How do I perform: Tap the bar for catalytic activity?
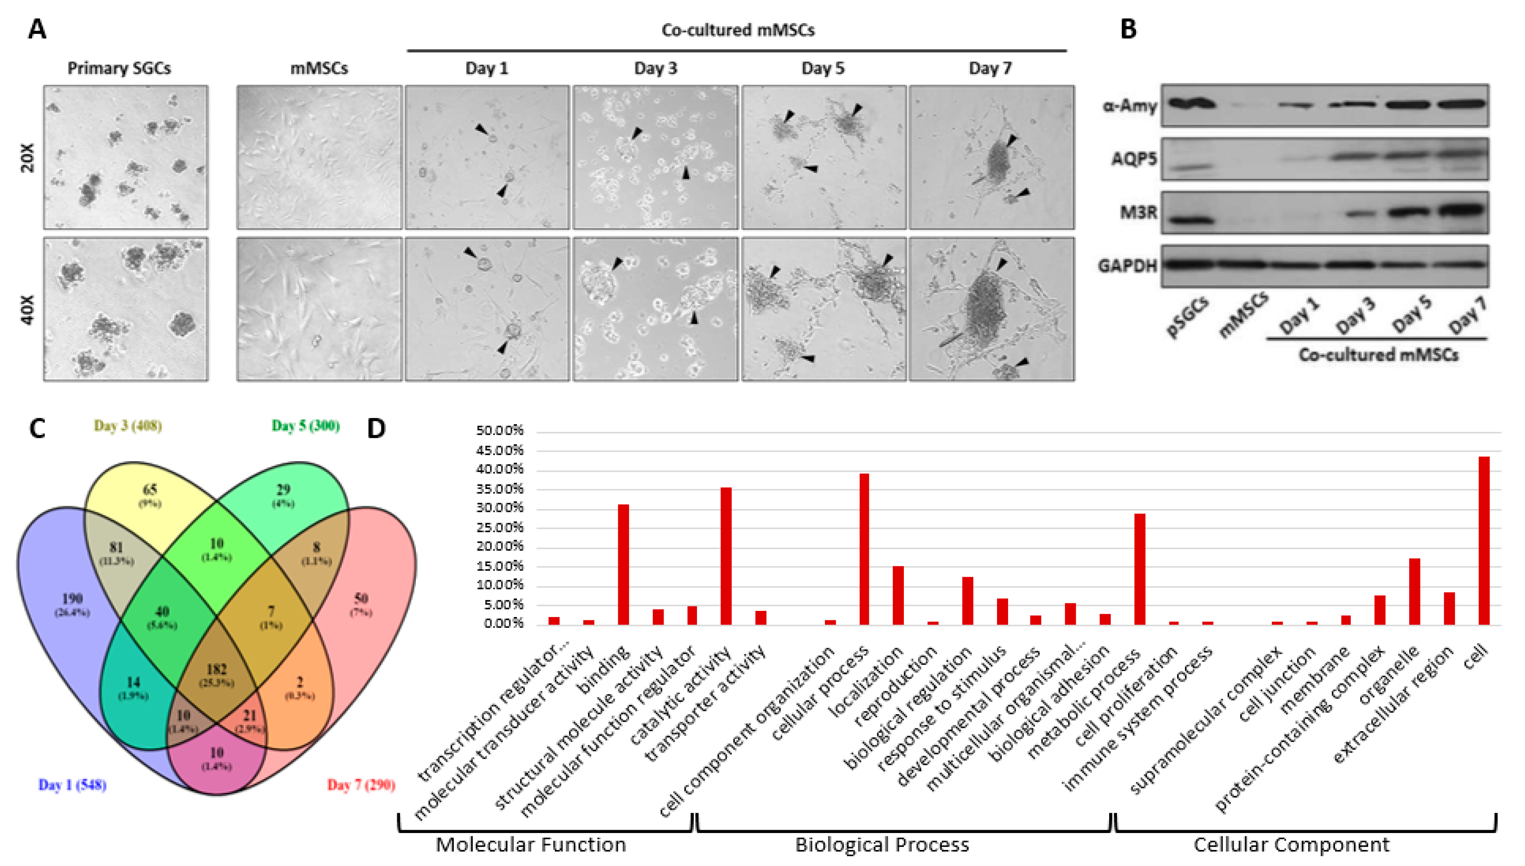(726, 556)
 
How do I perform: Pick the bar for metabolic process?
(1140, 569)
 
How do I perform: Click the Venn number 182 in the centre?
(216, 670)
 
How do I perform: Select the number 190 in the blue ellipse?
(72, 598)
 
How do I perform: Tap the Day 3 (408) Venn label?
(128, 426)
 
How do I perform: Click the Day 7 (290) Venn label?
(361, 785)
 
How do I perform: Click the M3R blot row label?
(1138, 212)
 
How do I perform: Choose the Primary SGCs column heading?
(119, 68)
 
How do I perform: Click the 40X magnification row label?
(27, 309)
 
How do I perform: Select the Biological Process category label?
(882, 845)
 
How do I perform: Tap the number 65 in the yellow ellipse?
(150, 490)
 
